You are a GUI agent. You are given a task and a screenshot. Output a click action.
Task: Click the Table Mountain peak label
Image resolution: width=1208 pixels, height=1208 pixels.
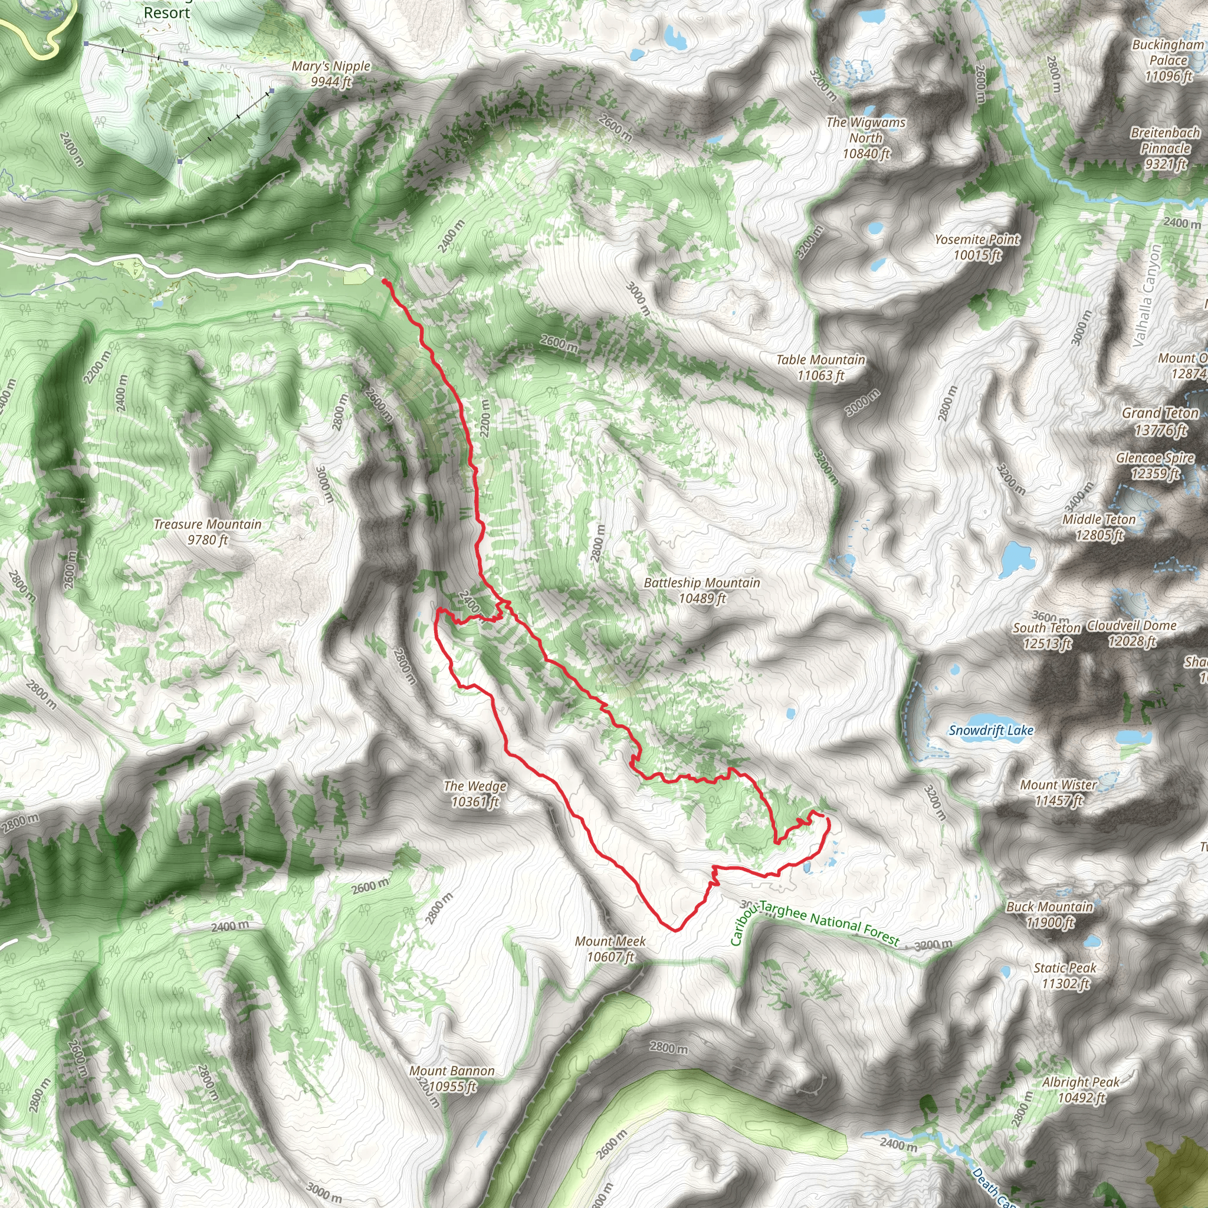coord(820,367)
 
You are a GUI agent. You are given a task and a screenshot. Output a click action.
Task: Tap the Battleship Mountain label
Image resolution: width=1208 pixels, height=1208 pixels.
coord(701,590)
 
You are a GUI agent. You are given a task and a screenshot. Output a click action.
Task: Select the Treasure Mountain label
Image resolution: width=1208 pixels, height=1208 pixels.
coord(208,532)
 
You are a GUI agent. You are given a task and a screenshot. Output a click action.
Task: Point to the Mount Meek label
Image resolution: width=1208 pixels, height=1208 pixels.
coord(610,948)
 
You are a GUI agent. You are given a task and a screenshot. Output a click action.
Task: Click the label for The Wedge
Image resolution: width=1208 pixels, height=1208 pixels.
coord(475,793)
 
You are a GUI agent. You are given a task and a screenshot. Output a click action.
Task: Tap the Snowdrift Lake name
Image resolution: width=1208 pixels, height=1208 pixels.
coord(991,730)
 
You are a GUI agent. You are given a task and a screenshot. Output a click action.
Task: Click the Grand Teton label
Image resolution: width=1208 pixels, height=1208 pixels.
coord(1160,421)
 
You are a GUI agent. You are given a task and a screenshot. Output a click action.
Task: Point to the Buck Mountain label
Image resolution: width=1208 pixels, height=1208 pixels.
coord(1050,914)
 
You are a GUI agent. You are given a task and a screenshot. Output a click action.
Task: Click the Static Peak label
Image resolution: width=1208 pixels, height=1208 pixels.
coord(1065,976)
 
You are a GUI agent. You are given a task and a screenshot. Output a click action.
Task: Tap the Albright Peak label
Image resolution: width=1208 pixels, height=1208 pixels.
coord(1081,1090)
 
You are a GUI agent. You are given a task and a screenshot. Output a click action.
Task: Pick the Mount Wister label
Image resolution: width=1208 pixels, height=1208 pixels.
coord(1059,792)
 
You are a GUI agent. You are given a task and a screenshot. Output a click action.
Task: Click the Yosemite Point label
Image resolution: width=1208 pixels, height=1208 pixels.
coord(977,247)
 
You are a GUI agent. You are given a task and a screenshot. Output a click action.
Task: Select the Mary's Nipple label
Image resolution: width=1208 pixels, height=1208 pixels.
coord(331,74)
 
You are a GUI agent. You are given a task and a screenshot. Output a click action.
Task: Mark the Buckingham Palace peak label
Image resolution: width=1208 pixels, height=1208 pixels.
coord(1168,60)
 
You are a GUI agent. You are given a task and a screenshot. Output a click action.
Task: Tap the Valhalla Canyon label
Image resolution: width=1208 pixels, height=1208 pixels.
coord(1146,295)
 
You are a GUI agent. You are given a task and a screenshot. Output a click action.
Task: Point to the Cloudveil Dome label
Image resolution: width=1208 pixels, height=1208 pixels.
coord(1132,633)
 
